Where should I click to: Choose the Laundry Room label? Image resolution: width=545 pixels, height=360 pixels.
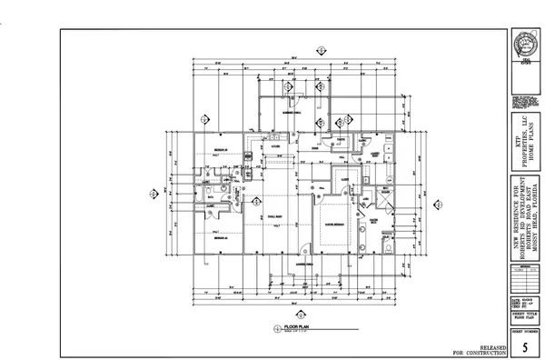[x=373, y=155]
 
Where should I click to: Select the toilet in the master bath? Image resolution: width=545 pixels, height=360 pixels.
[x=390, y=245]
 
